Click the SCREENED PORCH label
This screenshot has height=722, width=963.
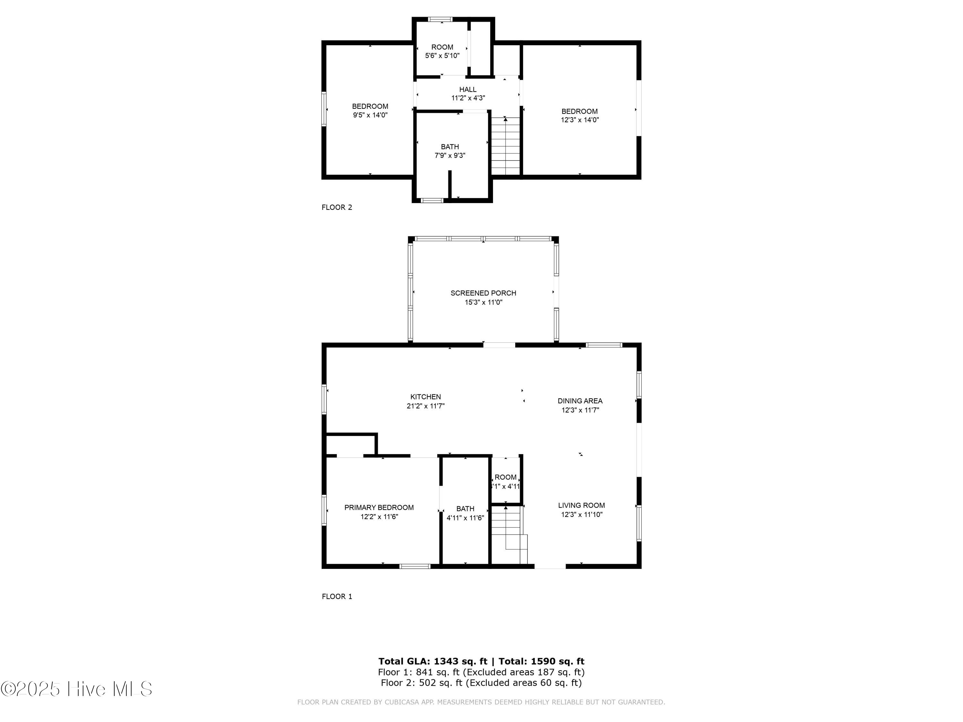click(x=483, y=293)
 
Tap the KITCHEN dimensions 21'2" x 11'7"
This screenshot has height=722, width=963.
click(x=425, y=406)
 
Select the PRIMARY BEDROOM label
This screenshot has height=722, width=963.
click(x=379, y=507)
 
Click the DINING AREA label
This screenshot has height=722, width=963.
click(x=580, y=401)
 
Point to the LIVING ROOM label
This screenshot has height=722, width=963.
click(x=581, y=505)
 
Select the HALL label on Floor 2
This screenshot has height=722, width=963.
click(x=468, y=89)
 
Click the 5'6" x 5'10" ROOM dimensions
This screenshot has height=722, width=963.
click(x=442, y=56)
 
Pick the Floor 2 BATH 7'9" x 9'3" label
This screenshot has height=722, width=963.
click(x=450, y=151)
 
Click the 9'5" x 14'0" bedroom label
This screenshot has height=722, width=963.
click(x=370, y=110)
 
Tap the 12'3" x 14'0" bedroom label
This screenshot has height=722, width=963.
click(x=579, y=115)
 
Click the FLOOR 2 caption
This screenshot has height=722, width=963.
click(x=336, y=207)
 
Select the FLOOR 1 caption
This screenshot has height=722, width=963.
click(x=336, y=596)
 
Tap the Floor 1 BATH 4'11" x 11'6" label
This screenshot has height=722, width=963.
click(x=465, y=513)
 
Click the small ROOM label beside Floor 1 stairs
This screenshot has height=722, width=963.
click(x=506, y=477)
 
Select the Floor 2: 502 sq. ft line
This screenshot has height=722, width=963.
click(x=481, y=683)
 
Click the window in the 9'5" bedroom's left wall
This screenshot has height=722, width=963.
click(x=324, y=109)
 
